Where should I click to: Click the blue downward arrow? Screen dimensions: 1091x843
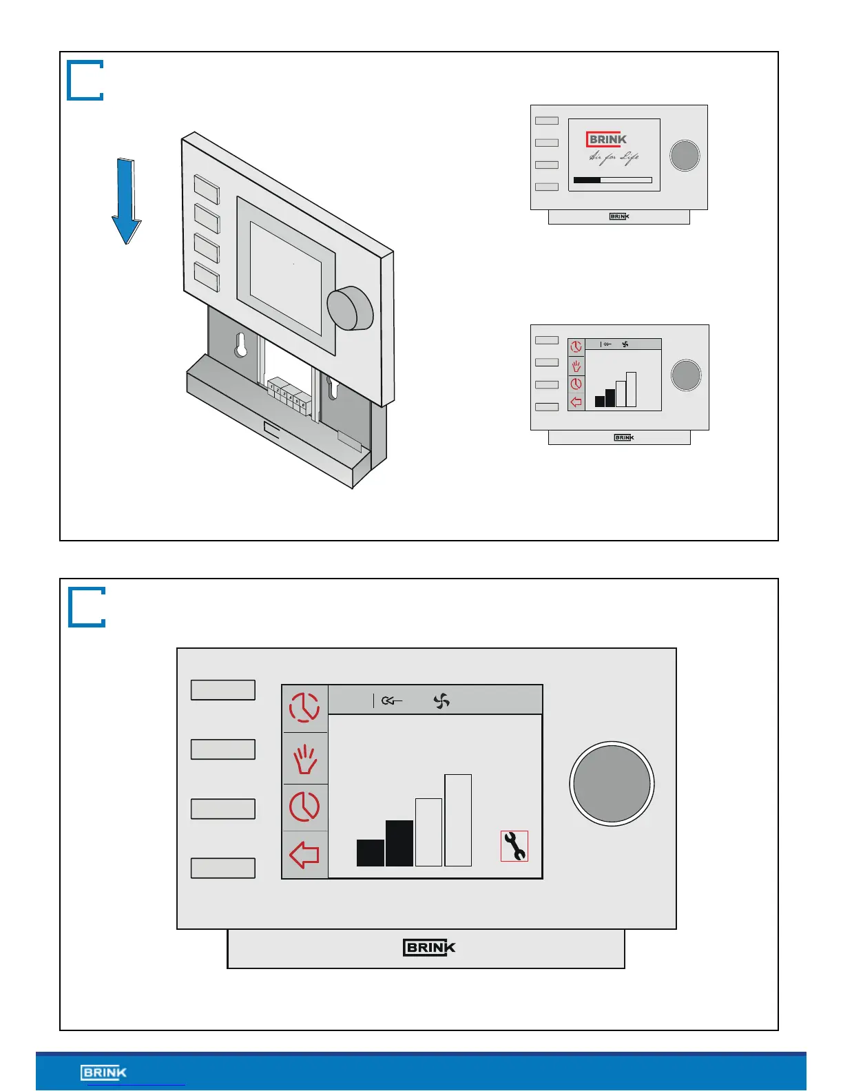point(126,200)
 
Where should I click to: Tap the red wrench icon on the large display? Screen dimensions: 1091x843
point(514,846)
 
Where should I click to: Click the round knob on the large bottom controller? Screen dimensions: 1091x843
point(612,784)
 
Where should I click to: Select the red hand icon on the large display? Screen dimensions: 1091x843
point(305,759)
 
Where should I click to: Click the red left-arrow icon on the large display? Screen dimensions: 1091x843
point(304,855)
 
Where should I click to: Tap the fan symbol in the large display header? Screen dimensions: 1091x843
point(441,701)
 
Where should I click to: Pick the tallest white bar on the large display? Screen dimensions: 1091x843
point(458,820)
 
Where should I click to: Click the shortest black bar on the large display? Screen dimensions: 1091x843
point(371,853)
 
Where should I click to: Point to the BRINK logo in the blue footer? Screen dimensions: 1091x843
point(104,1072)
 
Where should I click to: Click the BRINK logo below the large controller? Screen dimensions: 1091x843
point(429,948)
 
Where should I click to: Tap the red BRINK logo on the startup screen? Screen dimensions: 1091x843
point(607,140)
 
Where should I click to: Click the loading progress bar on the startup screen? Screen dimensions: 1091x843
point(613,180)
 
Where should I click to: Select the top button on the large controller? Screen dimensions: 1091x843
point(223,690)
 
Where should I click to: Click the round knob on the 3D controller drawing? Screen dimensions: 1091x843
point(350,309)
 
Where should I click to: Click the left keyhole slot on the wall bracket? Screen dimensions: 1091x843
point(240,345)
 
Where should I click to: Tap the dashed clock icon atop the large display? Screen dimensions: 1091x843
point(304,707)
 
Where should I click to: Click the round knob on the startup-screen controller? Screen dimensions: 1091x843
point(685,156)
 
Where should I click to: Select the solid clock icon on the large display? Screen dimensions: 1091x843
point(304,807)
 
